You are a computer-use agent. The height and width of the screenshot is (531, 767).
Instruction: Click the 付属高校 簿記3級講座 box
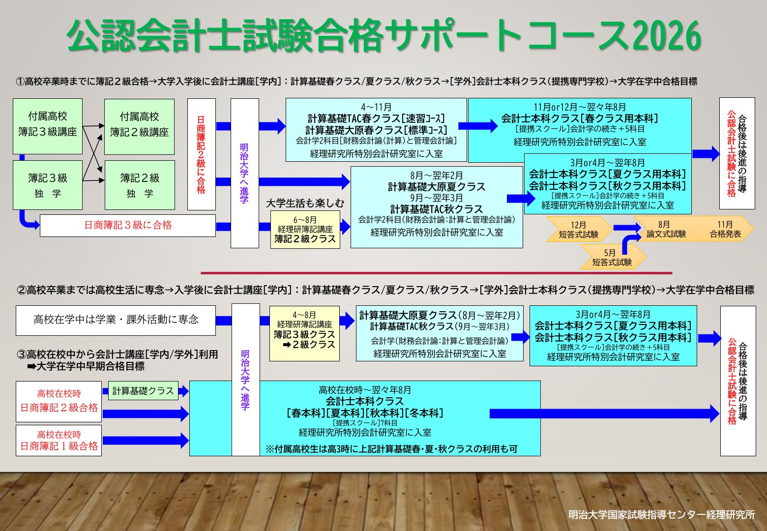pos(48,126)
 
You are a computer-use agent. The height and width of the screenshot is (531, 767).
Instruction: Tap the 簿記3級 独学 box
pos(48,185)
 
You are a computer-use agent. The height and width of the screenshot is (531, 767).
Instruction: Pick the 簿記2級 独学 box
pos(140,185)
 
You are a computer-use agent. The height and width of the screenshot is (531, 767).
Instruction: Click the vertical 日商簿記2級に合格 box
pos(201,154)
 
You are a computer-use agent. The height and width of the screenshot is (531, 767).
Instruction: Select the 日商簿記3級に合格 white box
pos(128,225)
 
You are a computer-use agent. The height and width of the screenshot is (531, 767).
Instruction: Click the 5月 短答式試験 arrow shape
pos(612,258)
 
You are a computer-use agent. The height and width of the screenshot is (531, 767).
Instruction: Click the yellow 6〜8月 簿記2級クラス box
pos(305,230)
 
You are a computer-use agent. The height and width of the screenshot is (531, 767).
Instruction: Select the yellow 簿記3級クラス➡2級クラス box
pos(304,333)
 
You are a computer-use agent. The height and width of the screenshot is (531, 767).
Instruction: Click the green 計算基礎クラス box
pos(143,391)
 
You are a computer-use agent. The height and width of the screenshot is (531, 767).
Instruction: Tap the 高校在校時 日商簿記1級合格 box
pos(59,441)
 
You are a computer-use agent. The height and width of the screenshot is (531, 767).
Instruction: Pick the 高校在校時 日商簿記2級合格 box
pos(59,401)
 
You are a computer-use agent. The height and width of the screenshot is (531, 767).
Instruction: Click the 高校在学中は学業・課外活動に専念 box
pos(116,320)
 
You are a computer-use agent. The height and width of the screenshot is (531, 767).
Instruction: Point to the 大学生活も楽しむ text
pos(305,203)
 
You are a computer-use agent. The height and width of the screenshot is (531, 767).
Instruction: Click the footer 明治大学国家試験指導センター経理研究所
pos(661,515)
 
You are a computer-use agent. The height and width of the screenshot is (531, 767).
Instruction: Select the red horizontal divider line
pos(436,273)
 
